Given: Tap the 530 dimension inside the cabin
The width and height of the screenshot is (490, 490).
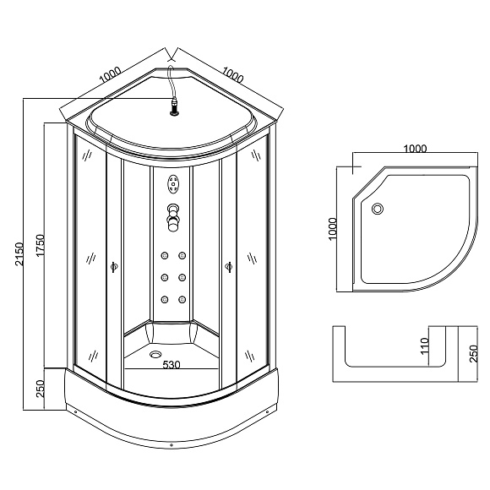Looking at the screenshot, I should click(x=172, y=365).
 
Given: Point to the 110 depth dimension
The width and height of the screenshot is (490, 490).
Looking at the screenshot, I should click(x=425, y=346).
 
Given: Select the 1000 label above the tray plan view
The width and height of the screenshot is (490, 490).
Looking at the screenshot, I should click(x=414, y=149).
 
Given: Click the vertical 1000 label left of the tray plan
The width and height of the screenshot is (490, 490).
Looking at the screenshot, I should click(x=333, y=228).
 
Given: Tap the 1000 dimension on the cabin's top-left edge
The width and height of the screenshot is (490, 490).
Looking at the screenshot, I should click(x=109, y=76).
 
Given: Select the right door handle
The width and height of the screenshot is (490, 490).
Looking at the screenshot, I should click(x=229, y=267).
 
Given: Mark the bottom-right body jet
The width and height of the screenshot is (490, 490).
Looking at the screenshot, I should click(x=182, y=297).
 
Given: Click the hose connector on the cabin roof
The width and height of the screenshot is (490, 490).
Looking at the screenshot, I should click(x=174, y=107).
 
